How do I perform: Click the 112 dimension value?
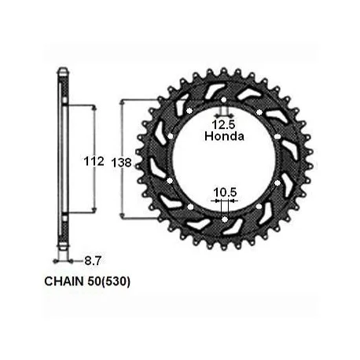pos(94,161)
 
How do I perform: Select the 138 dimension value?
pos(121,163)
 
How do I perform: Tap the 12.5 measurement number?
pos(224,125)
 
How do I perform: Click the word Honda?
pos(224,136)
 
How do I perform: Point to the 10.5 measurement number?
pos(225,193)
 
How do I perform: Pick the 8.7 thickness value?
pos(93,261)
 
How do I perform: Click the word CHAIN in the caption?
pos(64,281)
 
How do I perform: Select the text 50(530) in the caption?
pos(108,281)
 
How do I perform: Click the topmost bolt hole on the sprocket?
pos(223,100)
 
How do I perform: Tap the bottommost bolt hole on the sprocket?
pos(225,219)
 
